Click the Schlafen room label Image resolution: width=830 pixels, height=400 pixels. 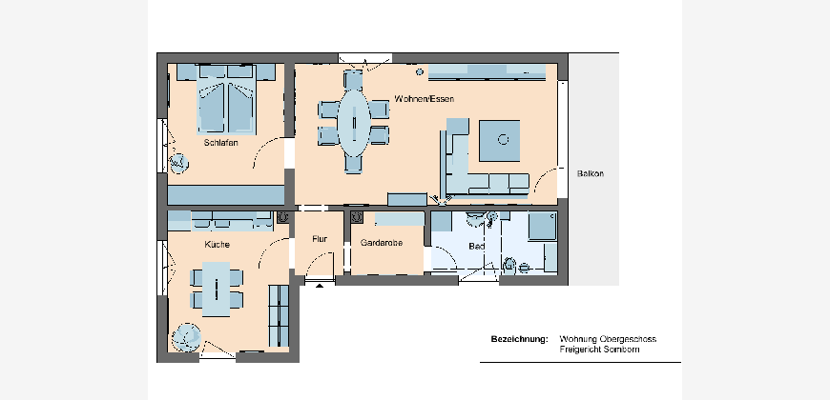point(220,143)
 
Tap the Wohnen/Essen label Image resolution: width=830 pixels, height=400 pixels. point(424,99)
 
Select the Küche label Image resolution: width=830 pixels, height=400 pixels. point(217,245)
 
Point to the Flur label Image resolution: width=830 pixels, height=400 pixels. point(320,239)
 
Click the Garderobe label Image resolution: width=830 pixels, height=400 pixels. point(381,243)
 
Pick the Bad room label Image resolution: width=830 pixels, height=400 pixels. point(476,247)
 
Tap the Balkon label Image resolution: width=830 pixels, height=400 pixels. point(591,173)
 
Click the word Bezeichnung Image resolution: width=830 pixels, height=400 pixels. point(519,339)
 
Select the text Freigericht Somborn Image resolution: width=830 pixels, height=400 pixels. point(599,350)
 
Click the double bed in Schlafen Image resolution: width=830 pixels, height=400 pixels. point(226,99)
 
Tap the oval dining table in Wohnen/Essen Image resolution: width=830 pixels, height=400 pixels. point(354,123)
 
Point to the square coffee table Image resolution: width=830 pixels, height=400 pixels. point(499,141)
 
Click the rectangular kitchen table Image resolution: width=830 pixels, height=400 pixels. point(216,289)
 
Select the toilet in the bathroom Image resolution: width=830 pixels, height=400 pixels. point(509,266)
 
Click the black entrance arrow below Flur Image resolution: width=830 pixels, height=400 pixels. point(320,286)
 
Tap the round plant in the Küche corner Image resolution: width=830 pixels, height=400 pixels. point(186,337)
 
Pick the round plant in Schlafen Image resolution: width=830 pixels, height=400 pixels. point(178,163)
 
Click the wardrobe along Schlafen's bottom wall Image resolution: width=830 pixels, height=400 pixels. point(226,195)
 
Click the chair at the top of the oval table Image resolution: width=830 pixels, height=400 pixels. point(353,80)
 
